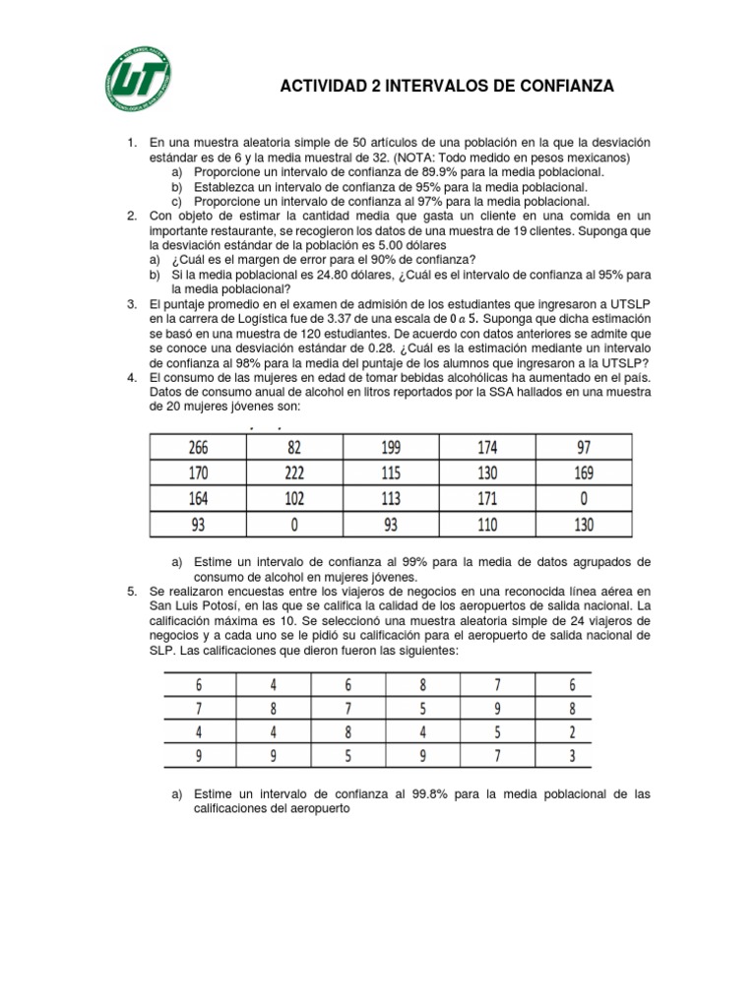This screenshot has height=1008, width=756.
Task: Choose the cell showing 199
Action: pyautogui.click(x=392, y=449)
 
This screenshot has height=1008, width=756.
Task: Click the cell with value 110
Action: pyautogui.click(x=486, y=526)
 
